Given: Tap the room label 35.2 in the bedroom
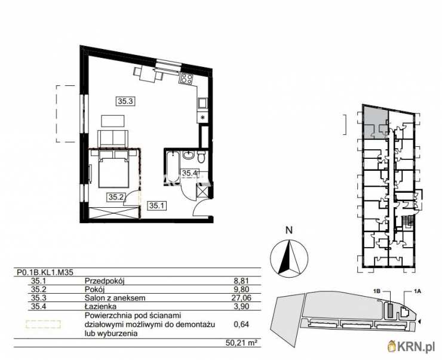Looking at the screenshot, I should pos(115,196).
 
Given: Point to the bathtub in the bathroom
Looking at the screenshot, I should pos(171,165).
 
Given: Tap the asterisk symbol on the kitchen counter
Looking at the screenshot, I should pos(203,118).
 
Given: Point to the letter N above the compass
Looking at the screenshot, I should pos(288,230).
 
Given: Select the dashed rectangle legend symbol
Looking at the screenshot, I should pos(44,324).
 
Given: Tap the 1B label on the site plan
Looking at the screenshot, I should pos(377,291).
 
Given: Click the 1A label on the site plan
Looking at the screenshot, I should pos(417,291).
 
